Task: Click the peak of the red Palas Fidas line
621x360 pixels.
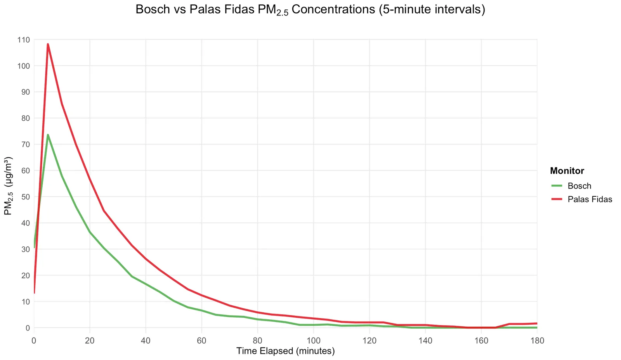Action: (x=48, y=44)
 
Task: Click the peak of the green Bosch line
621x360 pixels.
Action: (x=48, y=135)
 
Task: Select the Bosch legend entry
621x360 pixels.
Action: (x=579, y=186)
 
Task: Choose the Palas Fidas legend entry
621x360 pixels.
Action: (x=590, y=199)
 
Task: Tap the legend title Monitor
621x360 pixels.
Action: (x=567, y=171)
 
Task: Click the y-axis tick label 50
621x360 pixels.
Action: (x=26, y=197)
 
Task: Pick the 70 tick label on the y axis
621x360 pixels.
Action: (x=26, y=144)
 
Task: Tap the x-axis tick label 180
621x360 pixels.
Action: (x=537, y=341)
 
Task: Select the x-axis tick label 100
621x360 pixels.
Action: (x=313, y=341)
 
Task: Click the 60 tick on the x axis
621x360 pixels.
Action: (x=201, y=341)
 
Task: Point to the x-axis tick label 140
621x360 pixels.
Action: (x=425, y=341)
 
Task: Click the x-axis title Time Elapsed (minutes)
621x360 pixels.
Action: (x=285, y=351)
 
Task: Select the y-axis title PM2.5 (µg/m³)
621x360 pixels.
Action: (x=8, y=186)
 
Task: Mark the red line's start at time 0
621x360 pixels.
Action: (x=34, y=293)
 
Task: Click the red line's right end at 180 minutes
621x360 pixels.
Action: (x=537, y=324)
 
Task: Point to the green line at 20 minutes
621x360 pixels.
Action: (x=90, y=232)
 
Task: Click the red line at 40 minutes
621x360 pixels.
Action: (x=146, y=259)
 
